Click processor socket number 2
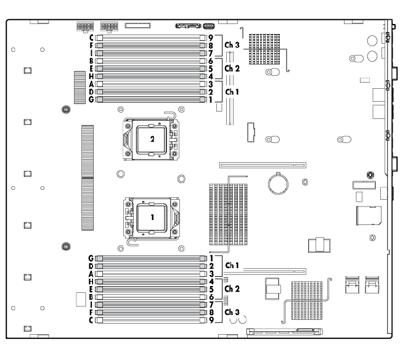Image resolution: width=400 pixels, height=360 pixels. [x=152, y=139]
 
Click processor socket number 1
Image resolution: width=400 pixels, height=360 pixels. [x=152, y=218]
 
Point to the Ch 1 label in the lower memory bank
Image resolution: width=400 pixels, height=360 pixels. [x=232, y=265]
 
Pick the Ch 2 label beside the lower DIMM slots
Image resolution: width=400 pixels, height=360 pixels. [x=232, y=288]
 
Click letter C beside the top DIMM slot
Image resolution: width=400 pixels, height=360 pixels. [x=91, y=38]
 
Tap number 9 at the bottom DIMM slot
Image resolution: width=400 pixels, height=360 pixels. [x=211, y=319]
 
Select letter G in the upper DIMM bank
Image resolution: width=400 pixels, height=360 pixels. [x=91, y=99]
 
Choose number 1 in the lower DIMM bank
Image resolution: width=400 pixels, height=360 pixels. [x=211, y=257]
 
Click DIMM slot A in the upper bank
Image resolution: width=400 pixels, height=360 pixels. [x=150, y=83]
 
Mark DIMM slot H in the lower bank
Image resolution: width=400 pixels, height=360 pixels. [x=150, y=280]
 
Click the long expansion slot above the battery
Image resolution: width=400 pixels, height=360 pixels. [x=262, y=165]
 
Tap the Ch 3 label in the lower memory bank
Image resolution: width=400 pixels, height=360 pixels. [x=232, y=311]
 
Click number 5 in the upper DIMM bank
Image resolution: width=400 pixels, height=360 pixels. [x=211, y=68]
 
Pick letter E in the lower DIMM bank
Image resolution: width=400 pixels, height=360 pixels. [x=91, y=288]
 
